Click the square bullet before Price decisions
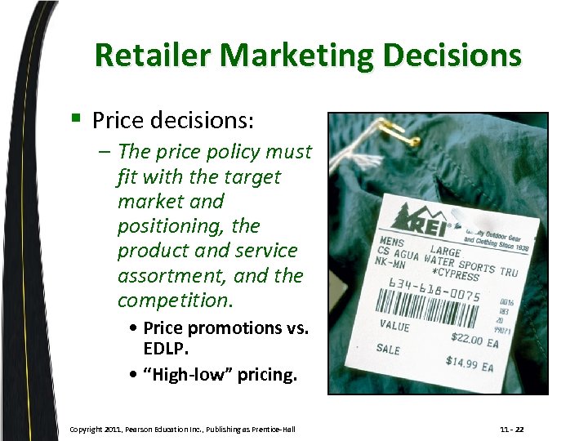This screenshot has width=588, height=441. [x=75, y=120]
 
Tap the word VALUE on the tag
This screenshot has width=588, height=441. [x=394, y=325]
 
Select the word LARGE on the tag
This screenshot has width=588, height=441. [x=447, y=252]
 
